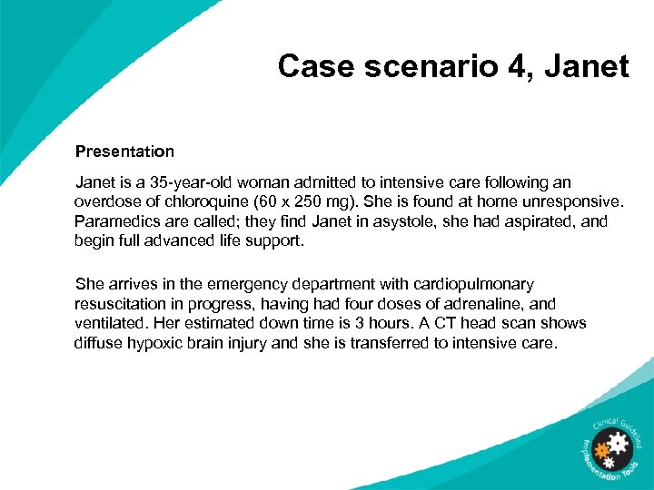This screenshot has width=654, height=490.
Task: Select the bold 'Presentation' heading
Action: click(x=124, y=151)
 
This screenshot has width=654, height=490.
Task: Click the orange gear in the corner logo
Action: click(x=601, y=449)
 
